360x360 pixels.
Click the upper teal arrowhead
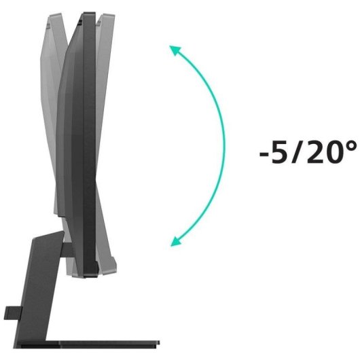(175, 50)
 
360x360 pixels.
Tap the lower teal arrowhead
(176, 242)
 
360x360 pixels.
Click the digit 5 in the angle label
(278, 152)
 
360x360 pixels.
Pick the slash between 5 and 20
(296, 152)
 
